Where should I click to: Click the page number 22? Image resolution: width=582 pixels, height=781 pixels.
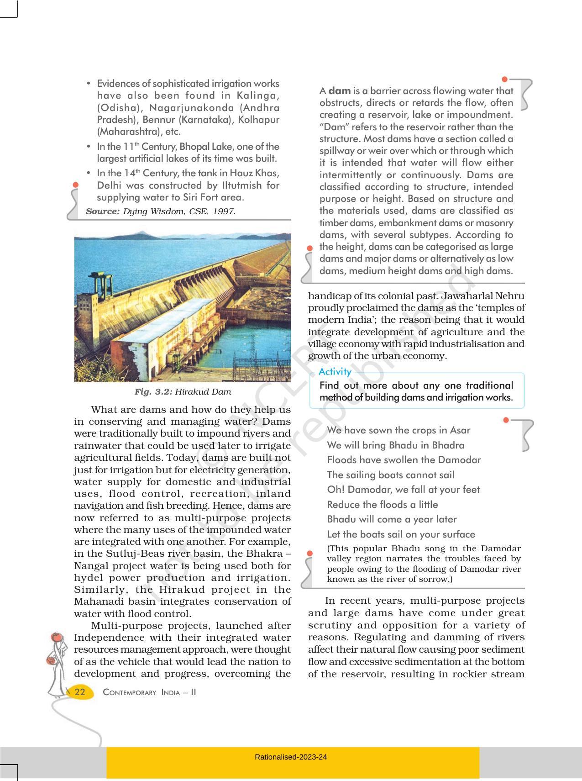coord(80,692)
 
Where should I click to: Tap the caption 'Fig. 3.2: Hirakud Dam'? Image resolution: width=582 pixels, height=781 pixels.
coord(183,392)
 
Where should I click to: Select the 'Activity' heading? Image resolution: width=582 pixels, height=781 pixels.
coord(335,371)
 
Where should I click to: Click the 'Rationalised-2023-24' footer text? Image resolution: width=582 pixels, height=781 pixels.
coord(291,757)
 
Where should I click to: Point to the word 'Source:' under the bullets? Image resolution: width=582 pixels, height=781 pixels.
coord(103,211)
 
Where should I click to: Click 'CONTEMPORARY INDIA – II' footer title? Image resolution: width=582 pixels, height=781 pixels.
coord(150,692)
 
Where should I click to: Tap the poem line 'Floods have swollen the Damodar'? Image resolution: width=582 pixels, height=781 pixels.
coord(404,460)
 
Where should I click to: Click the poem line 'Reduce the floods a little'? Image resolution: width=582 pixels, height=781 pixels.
coord(383,505)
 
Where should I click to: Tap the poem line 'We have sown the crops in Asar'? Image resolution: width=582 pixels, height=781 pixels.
coord(398,430)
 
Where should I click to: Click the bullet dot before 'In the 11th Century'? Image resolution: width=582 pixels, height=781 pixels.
coord(89,147)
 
